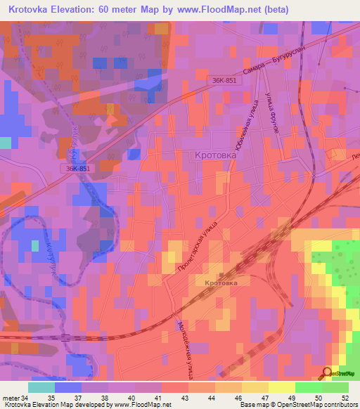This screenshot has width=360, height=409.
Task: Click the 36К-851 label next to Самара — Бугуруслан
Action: point(226,82)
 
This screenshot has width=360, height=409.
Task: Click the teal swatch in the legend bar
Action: point(41,387)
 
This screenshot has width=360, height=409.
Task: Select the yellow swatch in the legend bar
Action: point(281,387)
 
